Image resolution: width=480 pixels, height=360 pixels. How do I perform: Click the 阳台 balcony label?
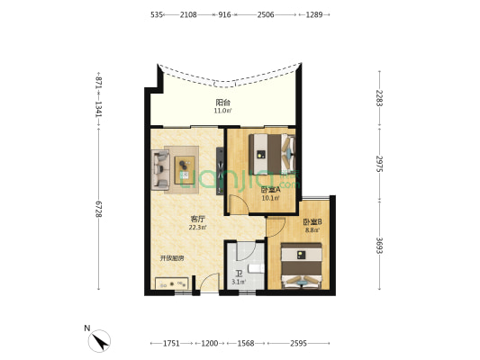[x=222, y=103]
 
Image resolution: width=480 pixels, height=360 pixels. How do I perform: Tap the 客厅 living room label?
[x=197, y=219]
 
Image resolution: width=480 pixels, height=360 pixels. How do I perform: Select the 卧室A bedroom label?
[x=270, y=190]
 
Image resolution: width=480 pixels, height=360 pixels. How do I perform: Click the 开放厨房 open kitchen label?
[x=172, y=258]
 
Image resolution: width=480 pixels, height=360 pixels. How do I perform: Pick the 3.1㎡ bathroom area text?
[x=239, y=282]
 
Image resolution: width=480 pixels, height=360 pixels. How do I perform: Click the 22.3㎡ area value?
[x=197, y=228]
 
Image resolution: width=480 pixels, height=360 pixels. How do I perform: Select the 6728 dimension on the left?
[x=98, y=209]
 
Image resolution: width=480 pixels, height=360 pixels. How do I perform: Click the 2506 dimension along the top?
[x=266, y=14]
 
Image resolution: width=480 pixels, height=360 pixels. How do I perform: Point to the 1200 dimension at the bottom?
[x=210, y=343]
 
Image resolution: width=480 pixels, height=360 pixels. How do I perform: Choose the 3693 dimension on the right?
[x=379, y=246]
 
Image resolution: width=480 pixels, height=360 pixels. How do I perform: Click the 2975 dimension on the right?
[x=379, y=164]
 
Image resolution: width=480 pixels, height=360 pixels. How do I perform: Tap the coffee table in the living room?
[x=185, y=170]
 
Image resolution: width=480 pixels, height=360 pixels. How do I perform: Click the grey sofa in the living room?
[x=160, y=169]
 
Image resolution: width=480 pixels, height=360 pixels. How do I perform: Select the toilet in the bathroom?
[x=256, y=268]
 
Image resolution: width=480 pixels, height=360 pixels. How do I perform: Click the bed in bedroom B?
[x=302, y=265]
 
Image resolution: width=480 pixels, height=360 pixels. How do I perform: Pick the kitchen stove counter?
[x=171, y=283]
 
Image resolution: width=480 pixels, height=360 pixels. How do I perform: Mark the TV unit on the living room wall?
[x=220, y=171]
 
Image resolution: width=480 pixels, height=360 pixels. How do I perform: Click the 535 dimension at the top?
[x=156, y=14]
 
